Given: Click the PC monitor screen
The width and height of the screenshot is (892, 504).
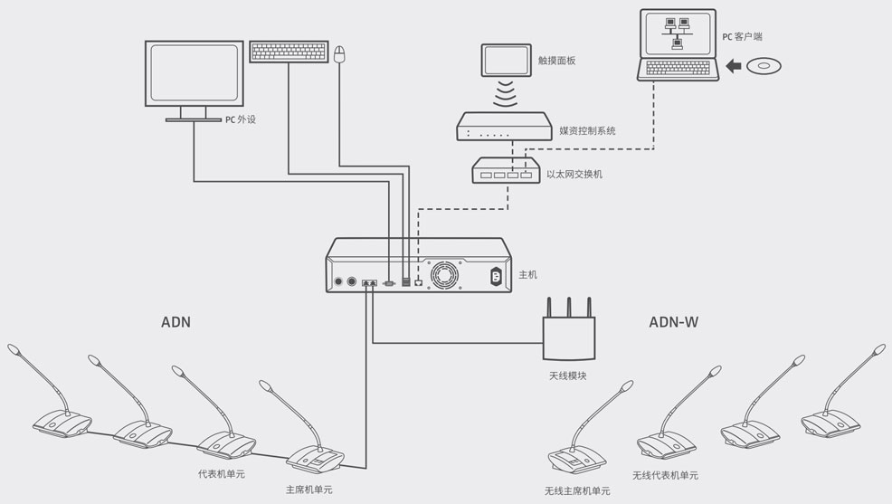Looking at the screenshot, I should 194,73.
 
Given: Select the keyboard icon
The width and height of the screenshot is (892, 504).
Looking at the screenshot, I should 289,51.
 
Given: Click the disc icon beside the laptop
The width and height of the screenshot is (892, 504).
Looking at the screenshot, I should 764,66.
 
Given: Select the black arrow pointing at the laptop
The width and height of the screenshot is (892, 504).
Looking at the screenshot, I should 734,66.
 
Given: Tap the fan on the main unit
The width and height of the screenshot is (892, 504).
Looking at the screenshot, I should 444,275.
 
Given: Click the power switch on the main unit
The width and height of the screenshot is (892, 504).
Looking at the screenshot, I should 495,276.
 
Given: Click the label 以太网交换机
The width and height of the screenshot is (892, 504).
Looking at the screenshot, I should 574,174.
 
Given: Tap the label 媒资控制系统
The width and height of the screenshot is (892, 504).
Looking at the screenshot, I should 587,130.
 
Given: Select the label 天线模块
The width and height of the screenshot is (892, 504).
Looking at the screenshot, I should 568,376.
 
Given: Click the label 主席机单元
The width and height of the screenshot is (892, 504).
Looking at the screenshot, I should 308,490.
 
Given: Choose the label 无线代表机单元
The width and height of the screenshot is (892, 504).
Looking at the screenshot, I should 665,475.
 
